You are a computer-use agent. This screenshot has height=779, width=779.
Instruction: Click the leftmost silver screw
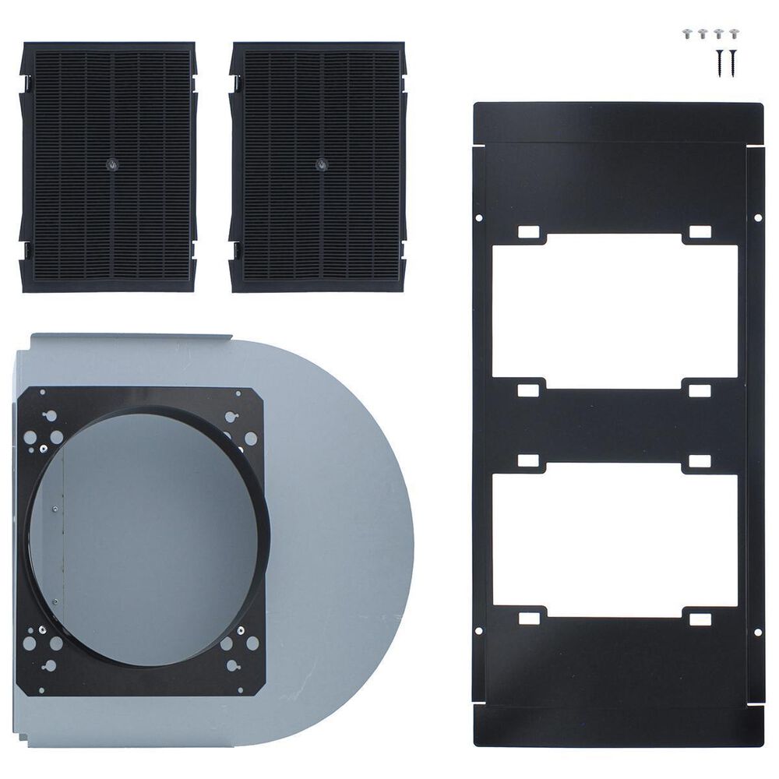coord(688,33)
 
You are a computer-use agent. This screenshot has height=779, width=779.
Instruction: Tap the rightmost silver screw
coord(733,33)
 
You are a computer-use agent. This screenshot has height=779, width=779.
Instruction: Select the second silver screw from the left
coord(703,33)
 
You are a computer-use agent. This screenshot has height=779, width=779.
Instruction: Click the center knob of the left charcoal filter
coord(109,165)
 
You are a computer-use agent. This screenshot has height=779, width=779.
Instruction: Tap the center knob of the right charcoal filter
coord(321,165)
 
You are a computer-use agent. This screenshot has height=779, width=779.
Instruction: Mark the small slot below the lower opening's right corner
coord(700,619)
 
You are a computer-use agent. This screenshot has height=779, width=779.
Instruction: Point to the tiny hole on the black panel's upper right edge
coord(759,218)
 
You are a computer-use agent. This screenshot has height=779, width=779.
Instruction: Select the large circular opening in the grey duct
coord(148,538)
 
